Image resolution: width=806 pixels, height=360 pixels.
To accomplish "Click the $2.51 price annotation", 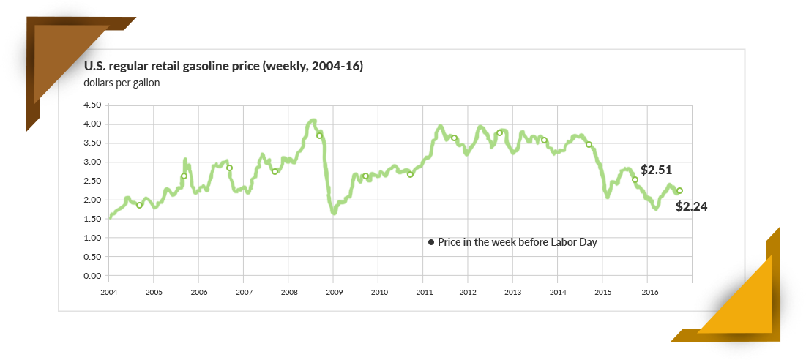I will (x=656, y=169).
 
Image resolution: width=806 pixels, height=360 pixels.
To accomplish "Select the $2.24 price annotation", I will (x=692, y=207).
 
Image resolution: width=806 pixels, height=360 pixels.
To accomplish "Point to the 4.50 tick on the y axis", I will (x=92, y=105).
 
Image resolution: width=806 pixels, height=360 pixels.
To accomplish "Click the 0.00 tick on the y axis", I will (x=92, y=276).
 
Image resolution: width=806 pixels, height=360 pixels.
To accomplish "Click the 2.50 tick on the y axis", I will (x=92, y=181).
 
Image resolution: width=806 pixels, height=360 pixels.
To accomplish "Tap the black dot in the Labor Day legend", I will (x=431, y=242).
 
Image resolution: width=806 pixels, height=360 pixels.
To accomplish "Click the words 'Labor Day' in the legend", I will (x=575, y=242).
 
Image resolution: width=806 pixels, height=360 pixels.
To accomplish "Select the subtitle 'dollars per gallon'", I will (x=122, y=83).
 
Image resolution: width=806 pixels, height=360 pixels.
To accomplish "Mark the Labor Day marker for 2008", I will (x=319, y=135).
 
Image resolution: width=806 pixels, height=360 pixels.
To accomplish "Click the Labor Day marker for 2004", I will (x=139, y=205).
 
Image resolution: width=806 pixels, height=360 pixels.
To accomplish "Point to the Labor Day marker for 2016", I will (x=679, y=191).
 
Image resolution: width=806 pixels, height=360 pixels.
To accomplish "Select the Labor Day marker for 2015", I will (x=635, y=180).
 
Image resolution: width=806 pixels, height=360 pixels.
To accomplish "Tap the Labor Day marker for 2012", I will (x=499, y=133).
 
